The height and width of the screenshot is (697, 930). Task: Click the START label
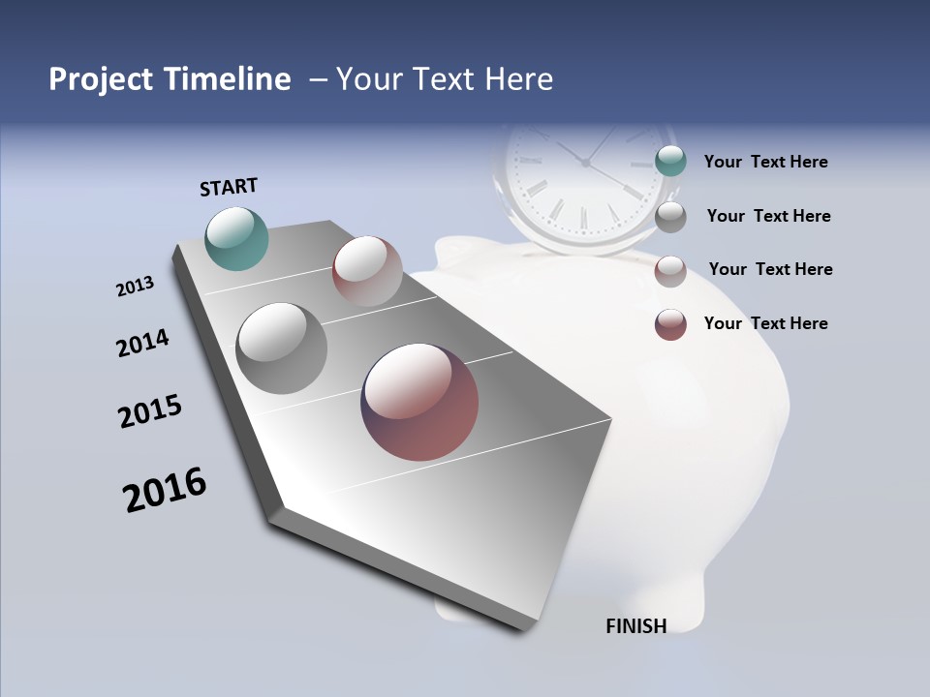229,187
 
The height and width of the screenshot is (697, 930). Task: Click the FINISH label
635,626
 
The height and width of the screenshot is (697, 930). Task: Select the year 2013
135,287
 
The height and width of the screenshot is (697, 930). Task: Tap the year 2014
142,343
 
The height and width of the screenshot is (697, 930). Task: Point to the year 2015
150,410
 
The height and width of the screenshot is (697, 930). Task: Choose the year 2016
165,490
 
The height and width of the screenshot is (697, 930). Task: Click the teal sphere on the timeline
237,238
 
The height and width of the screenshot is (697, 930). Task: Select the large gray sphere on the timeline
282,348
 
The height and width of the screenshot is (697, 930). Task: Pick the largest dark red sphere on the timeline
419,402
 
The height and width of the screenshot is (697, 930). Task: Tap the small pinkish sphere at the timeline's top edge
367,271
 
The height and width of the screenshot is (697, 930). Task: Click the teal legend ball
670,162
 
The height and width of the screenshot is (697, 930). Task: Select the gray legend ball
670,216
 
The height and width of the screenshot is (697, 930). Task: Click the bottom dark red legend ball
670,324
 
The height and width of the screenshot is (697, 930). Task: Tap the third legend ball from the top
670,270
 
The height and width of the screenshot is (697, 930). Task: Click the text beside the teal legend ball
765,162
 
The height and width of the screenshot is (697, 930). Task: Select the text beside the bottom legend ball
765,323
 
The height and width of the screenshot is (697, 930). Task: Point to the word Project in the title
102,79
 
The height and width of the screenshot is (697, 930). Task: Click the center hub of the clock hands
585,163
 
